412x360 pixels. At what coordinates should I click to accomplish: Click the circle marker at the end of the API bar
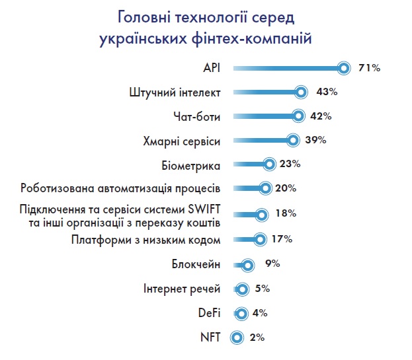tap(343, 67)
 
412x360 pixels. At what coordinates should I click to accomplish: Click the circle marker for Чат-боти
tap(298, 116)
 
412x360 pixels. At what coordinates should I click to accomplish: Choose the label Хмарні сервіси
tap(182, 141)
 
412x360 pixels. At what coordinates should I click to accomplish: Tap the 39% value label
tap(317, 140)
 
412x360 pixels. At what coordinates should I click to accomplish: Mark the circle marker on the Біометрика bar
tap(268, 164)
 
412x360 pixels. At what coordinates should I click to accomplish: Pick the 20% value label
tap(285, 188)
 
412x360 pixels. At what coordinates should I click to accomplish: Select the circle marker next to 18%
tap(262, 215)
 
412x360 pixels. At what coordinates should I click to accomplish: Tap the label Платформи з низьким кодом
tap(145, 239)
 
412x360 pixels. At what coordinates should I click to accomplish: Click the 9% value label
tap(272, 264)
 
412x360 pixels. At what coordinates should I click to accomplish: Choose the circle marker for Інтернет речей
tap(242, 289)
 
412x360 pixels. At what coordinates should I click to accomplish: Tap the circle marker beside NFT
tap(236, 338)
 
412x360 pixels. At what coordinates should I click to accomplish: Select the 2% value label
tap(257, 338)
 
